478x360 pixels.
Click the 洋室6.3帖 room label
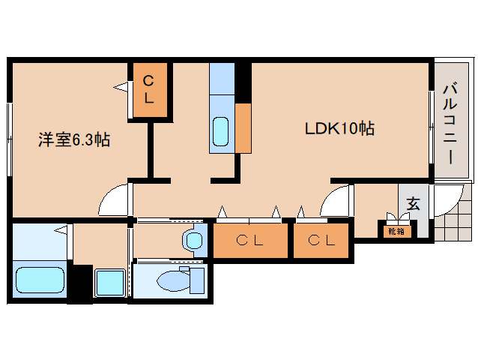pyautogui.click(x=74, y=139)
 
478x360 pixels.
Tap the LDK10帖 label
pyautogui.click(x=339, y=128)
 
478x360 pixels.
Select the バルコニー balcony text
pyautogui.click(x=450, y=124)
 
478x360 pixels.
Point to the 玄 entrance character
pyautogui.click(x=414, y=204)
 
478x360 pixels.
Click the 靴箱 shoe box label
pyautogui.click(x=396, y=232)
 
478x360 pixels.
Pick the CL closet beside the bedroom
pyautogui.click(x=150, y=90)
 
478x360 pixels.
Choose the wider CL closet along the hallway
pyautogui.click(x=250, y=241)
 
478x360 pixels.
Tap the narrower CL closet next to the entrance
pyautogui.click(x=321, y=241)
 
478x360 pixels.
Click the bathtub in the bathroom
pyautogui.click(x=40, y=280)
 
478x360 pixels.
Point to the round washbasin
pyautogui.click(x=193, y=240)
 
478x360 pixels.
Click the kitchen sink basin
pyautogui.click(x=221, y=131)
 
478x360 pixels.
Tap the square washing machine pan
pyautogui.click(x=110, y=283)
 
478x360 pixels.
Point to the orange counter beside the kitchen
pyautogui.click(x=243, y=128)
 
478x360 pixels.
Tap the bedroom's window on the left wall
pyautogui.click(x=10, y=139)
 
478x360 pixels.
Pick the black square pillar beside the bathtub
pyautogui.click(x=80, y=283)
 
